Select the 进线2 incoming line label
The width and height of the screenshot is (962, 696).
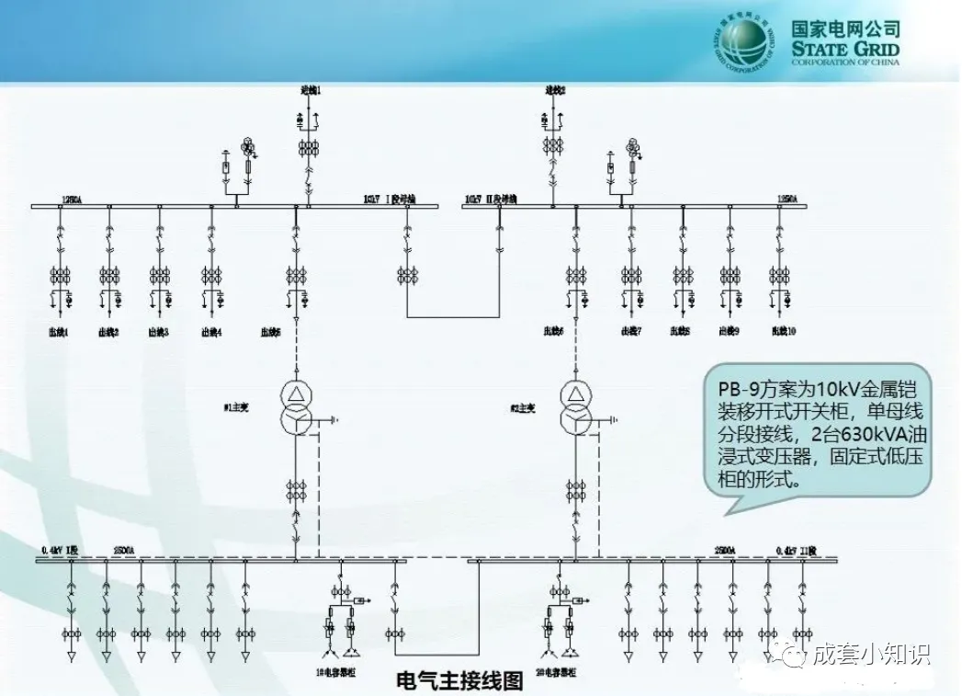555,90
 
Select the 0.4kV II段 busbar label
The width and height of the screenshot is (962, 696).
795,550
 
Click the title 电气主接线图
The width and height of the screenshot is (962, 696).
459,681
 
